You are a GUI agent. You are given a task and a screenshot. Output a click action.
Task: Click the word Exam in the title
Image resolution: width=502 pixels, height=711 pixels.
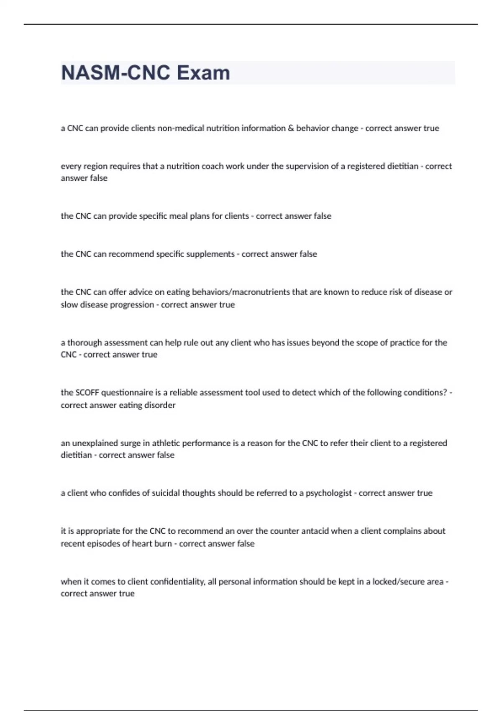click(x=203, y=73)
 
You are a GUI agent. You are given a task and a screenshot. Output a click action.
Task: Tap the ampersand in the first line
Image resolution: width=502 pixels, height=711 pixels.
click(x=291, y=128)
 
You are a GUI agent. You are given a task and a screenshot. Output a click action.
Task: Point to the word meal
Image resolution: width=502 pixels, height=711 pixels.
click(x=179, y=216)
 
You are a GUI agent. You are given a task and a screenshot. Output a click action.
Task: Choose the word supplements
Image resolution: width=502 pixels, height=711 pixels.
click(x=208, y=254)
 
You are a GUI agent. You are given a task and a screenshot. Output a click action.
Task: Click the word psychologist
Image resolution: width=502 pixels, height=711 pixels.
click(x=329, y=493)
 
